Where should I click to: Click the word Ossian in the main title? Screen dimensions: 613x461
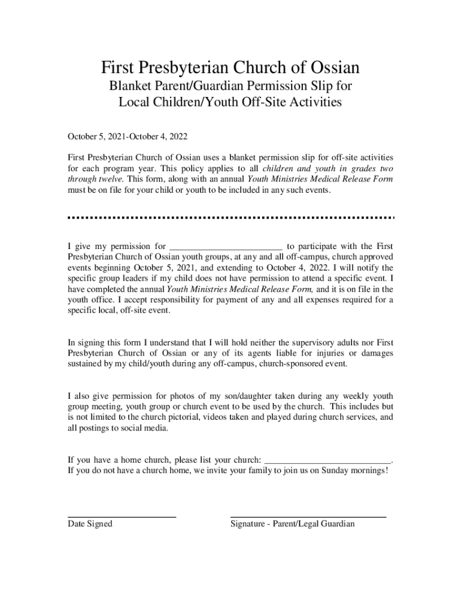329,67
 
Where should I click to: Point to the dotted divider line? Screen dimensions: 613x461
230,217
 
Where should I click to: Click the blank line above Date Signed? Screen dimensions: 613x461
122,516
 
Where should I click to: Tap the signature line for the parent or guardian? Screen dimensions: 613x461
308,516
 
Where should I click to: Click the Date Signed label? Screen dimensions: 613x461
90,524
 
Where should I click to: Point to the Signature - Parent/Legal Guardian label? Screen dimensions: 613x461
292,524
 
